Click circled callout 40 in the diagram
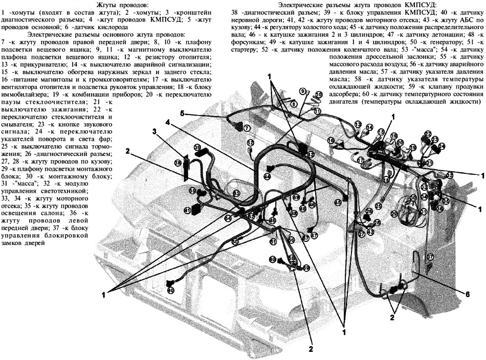[170, 290]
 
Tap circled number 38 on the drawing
[178, 163]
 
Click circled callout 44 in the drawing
[267, 176]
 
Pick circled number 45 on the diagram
[338, 202]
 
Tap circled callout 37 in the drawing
[430, 257]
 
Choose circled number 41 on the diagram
[188, 210]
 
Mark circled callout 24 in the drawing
[441, 146]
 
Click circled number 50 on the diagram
[235, 241]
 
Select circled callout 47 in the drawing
[314, 236]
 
